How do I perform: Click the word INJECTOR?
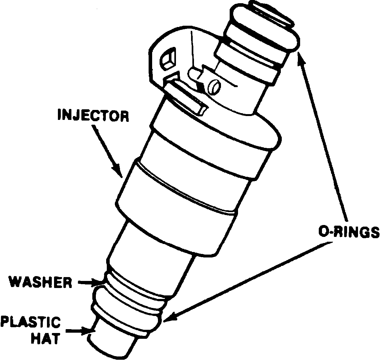coord(93,116)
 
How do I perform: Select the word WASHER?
coord(40,282)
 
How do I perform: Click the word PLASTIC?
coord(31,322)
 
